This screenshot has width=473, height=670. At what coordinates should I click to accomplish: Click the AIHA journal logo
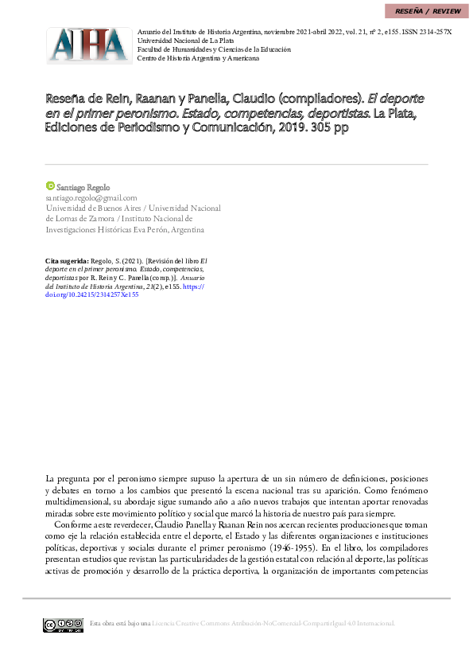pos(88,45)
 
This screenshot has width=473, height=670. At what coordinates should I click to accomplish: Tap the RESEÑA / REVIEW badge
pos(425,11)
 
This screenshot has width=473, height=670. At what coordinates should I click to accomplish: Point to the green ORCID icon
pos(50,185)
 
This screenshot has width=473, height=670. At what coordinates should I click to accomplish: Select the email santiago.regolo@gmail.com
pos(91,197)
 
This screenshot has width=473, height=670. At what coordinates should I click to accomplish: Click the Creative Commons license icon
pos(63,625)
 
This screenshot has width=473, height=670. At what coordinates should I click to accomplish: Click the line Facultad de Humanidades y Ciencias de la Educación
pos(214,49)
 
